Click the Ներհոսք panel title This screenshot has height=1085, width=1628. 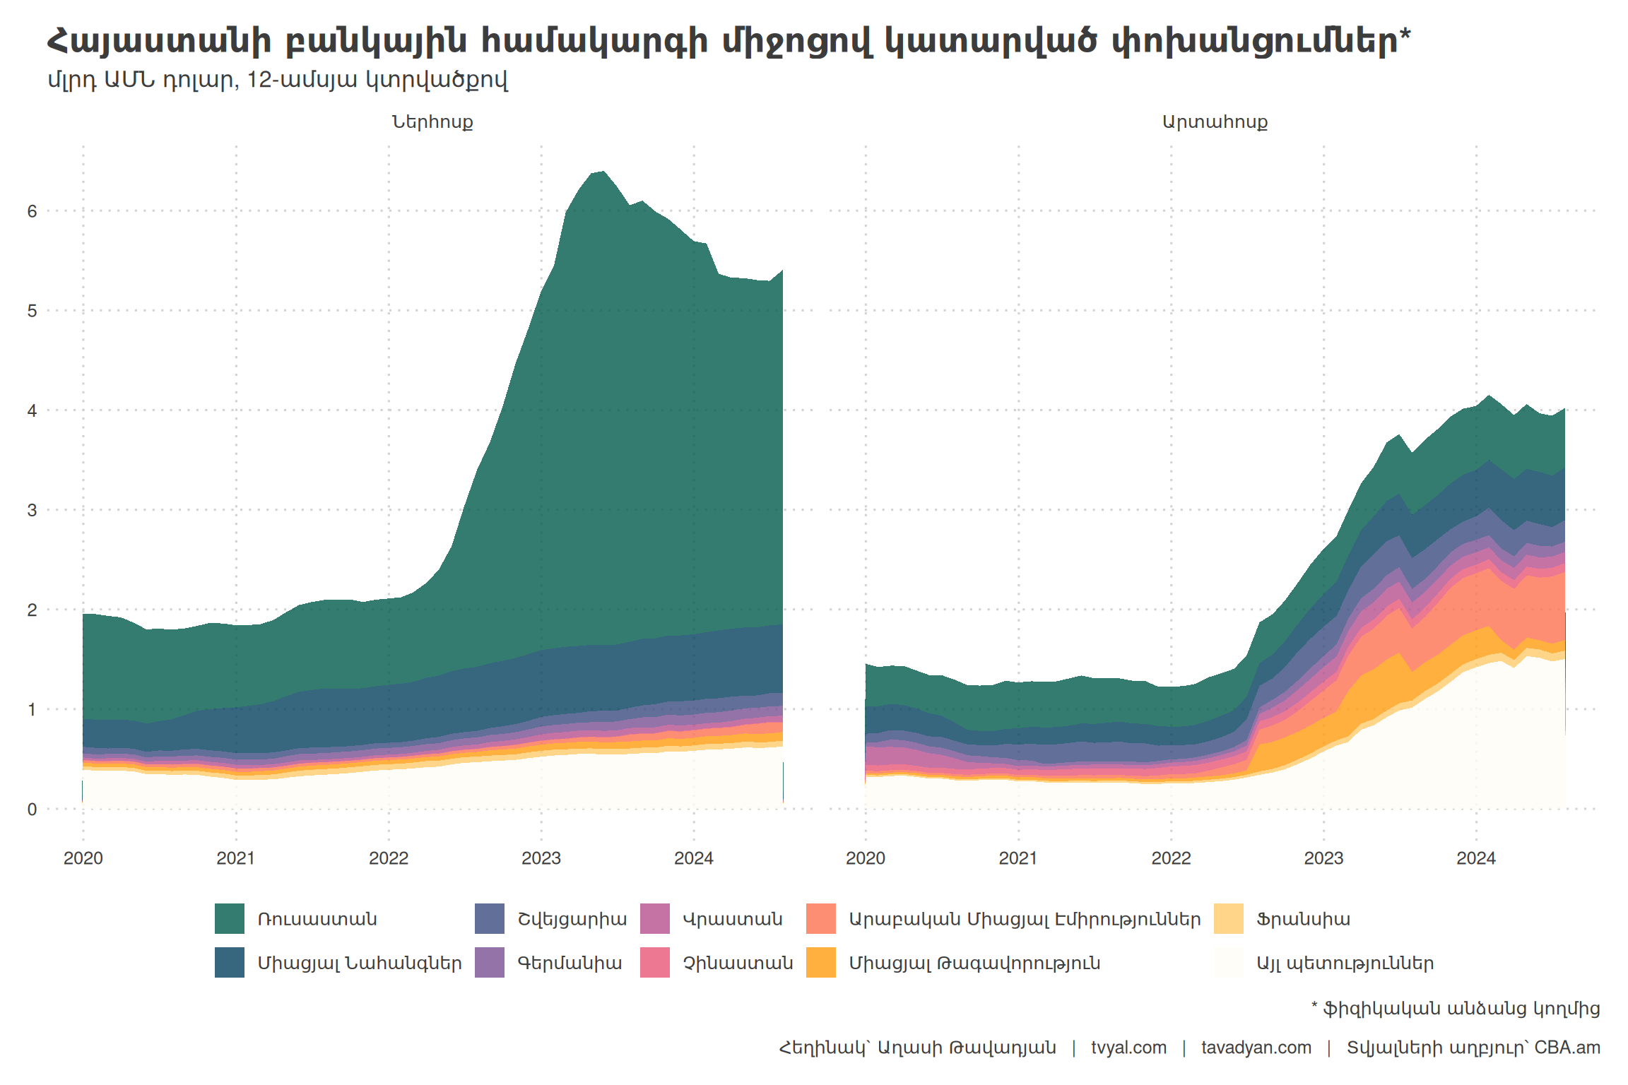(432, 122)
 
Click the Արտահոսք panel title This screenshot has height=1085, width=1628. (1215, 122)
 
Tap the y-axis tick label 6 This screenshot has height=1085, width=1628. (32, 211)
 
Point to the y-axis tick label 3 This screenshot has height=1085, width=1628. (32, 510)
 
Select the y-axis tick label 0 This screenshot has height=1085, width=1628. (32, 810)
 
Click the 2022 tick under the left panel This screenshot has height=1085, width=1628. (389, 858)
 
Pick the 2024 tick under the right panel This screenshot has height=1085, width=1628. (1476, 858)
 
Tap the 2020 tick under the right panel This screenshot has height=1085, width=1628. (866, 858)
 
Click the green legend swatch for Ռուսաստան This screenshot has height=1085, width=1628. (230, 918)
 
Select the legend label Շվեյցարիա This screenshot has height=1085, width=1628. (572, 920)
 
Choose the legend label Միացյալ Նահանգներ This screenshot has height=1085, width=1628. (359, 964)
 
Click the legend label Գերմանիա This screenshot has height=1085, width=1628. (570, 964)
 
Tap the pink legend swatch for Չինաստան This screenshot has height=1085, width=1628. (655, 962)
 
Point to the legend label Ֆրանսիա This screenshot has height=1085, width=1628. (1303, 920)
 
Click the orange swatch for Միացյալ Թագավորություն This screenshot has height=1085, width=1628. (821, 962)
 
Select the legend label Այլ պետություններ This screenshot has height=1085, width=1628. (1345, 964)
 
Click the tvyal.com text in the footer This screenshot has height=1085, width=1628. (1128, 1048)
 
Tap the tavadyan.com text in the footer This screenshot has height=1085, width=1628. (1256, 1048)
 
